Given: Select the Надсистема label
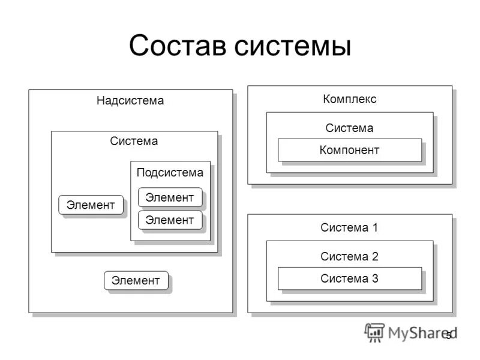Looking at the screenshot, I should pyautogui.click(x=130, y=101).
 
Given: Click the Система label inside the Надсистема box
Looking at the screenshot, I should pyautogui.click(x=134, y=141).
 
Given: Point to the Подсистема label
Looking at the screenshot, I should pyautogui.click(x=170, y=173).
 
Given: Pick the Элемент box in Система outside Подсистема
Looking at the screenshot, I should pyautogui.click(x=91, y=205).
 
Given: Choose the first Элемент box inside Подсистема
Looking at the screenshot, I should pyautogui.click(x=170, y=197).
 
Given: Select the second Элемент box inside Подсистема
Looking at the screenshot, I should pyautogui.click(x=170, y=220).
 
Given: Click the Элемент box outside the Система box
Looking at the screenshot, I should pyautogui.click(x=136, y=280).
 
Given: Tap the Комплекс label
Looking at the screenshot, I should pyautogui.click(x=350, y=99).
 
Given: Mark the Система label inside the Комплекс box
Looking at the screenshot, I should pyautogui.click(x=349, y=128).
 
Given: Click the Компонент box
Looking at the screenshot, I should pyautogui.click(x=349, y=150).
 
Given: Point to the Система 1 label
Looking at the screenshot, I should pyautogui.click(x=349, y=227).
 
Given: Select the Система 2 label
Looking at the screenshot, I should pyautogui.click(x=349, y=257).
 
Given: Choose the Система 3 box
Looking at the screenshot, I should pyautogui.click(x=349, y=278).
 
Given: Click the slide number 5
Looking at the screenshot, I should pyautogui.click(x=449, y=336).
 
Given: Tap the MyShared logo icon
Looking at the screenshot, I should pyautogui.click(x=374, y=332).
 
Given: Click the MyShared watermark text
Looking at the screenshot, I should pyautogui.click(x=420, y=332).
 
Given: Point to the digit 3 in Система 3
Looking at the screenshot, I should pyautogui.click(x=375, y=278).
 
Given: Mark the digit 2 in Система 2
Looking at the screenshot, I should pyautogui.click(x=375, y=257).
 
